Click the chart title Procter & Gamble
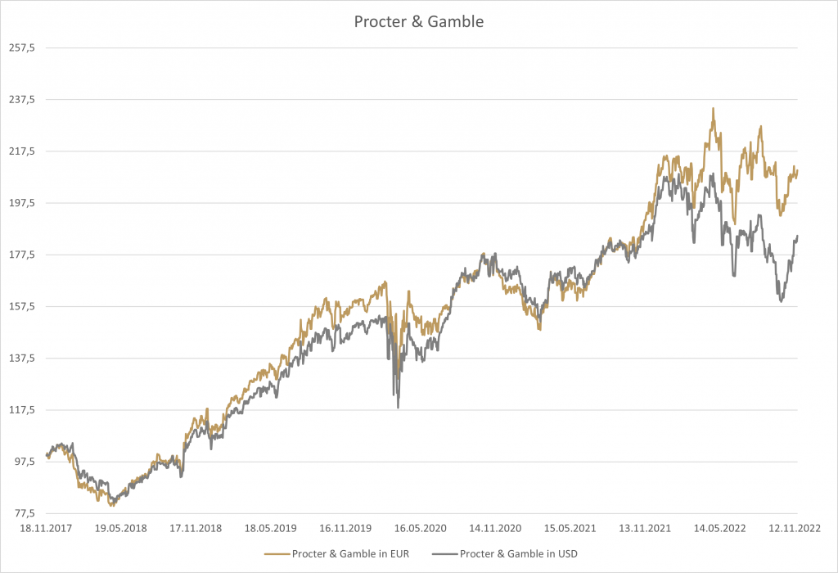point(418,22)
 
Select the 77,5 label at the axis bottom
point(25,513)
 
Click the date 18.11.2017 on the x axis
point(46,528)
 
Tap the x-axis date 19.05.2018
point(121,528)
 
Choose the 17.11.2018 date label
point(196,528)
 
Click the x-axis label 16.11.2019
point(346,528)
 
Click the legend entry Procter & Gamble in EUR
point(349,554)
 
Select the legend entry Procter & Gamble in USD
point(519,554)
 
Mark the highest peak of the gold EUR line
point(713,108)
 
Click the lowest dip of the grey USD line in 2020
point(398,407)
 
